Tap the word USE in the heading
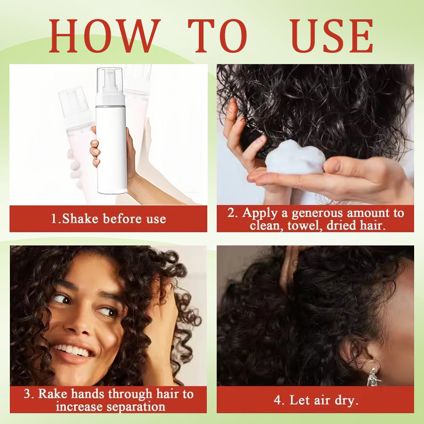point(332,36)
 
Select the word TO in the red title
point(217,36)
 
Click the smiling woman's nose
point(78,323)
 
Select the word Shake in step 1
point(80,219)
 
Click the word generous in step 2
point(318,213)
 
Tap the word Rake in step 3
point(53,393)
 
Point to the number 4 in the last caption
point(277,400)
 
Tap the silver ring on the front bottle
point(111,106)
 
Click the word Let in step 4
point(299,400)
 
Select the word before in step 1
point(122,219)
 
